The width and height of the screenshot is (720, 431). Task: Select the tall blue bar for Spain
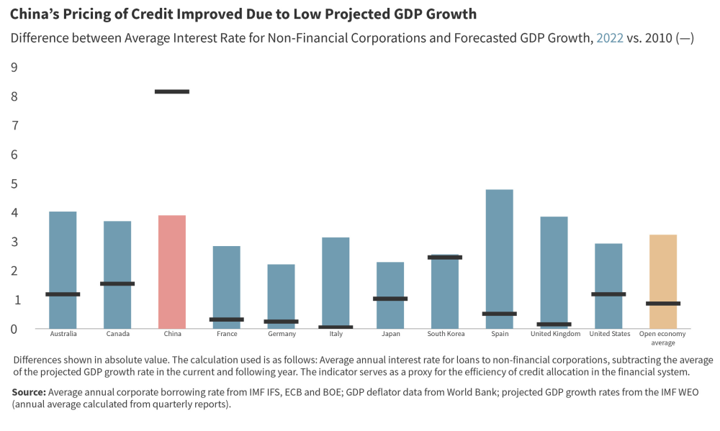tap(499, 259)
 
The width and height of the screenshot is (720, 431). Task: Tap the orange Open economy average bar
tap(662, 281)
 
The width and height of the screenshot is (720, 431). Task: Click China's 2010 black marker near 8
tap(172, 91)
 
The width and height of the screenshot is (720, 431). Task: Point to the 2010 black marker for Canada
tap(117, 283)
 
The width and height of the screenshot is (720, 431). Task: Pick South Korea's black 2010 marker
tap(444, 257)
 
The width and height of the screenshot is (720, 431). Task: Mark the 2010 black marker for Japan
tap(390, 299)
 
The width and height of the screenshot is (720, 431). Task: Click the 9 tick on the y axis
tap(14, 68)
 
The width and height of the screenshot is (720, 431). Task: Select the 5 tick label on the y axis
tap(14, 184)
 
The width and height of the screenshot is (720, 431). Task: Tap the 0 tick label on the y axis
tap(14, 330)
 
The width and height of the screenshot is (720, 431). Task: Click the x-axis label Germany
tap(281, 334)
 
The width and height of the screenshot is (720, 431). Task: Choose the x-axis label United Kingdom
tap(555, 334)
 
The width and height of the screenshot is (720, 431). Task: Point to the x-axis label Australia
tap(63, 334)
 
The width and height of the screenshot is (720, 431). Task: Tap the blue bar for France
tap(227, 287)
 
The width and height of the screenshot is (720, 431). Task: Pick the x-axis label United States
tap(609, 334)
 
